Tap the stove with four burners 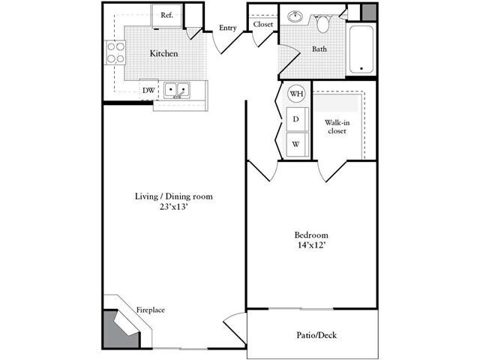click(116, 52)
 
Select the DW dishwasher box click(148, 90)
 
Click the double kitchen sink click(178, 90)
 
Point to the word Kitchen click(163, 54)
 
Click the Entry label click(227, 28)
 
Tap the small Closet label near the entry click(262, 25)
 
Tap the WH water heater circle click(296, 94)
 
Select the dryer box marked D click(296, 119)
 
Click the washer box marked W click(296, 144)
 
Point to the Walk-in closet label click(335, 126)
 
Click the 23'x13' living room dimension click(174, 208)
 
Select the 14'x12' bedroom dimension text click(312, 244)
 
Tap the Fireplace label click(150, 310)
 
